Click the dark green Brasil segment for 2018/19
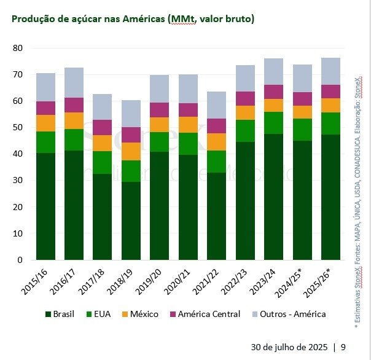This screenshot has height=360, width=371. point(131,221)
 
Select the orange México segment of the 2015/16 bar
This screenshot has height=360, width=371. point(46,123)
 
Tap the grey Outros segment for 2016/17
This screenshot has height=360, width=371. point(74,82)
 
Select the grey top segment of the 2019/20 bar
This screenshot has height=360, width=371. point(160,88)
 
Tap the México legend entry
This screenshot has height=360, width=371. point(139,315)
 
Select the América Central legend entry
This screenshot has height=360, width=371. point(204,315)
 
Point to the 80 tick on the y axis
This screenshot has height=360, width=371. point(18,48)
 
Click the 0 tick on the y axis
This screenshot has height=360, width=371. point(20,260)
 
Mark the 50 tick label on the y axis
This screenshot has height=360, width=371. point(18,128)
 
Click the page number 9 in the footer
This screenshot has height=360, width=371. point(343,346)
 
